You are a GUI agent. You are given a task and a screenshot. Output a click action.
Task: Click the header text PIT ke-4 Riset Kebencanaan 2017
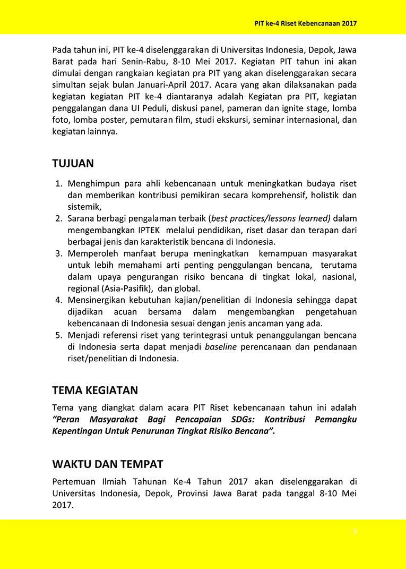point(305,23)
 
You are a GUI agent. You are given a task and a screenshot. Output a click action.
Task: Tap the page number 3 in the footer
point(355,531)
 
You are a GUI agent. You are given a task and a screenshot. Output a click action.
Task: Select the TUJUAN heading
point(73,163)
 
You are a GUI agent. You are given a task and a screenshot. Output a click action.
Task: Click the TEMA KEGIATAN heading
point(95,390)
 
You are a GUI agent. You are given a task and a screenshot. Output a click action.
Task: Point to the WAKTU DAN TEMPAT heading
point(107,464)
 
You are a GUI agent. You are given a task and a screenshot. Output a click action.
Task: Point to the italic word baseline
point(221,347)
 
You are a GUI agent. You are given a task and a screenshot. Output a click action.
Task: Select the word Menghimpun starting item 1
point(92,184)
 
